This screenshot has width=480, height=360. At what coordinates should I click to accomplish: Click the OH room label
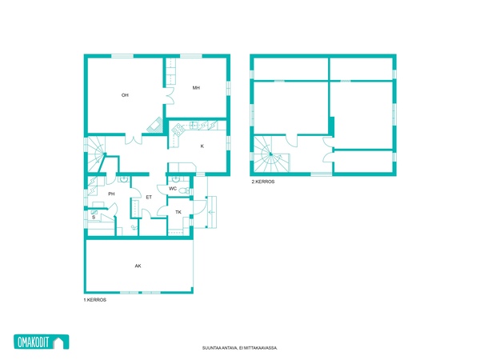pos(125,95)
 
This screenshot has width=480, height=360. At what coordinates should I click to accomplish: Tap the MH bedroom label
pos(196,88)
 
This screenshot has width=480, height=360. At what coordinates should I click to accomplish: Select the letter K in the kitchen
pos(202,146)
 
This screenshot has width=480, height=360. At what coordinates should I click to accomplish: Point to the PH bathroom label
pos(111,194)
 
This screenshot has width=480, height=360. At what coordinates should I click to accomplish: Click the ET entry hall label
pos(149,197)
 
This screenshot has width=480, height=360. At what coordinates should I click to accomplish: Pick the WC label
pos(173,189)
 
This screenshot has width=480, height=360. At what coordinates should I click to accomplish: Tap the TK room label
pos(178,212)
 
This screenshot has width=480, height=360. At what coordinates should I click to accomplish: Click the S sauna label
pos(94,217)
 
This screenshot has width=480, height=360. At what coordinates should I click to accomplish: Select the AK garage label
pos(138,266)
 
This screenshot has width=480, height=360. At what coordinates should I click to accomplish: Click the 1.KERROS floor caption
pos(95,300)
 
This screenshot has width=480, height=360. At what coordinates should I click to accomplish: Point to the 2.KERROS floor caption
pos(263,182)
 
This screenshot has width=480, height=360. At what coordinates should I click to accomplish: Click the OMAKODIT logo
pos(42,342)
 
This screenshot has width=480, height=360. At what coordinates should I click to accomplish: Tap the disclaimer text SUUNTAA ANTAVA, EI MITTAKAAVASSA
pos(240,348)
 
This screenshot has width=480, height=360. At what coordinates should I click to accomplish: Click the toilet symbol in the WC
pos(184,190)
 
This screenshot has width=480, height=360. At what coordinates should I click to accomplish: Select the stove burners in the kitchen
pos(178,130)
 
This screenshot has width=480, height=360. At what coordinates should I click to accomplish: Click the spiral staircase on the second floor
pos(271,154)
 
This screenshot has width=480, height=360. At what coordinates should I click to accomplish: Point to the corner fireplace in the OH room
pos(154,125)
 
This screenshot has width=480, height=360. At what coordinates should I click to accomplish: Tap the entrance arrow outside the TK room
pos(211,212)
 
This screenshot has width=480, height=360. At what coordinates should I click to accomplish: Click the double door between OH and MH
pos(170,96)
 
